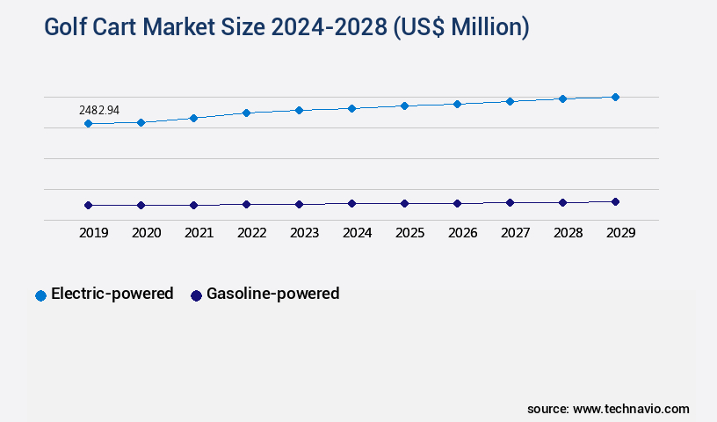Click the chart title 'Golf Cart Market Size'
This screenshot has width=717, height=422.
tap(286, 28)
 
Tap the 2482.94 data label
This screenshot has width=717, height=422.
tap(99, 110)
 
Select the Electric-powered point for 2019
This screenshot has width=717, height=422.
tap(88, 124)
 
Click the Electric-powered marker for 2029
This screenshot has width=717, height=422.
tap(615, 97)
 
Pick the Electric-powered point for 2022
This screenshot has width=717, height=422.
tap(246, 113)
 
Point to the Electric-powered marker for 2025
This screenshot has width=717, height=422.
tap(404, 105)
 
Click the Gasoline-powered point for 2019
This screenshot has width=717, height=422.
tap(88, 205)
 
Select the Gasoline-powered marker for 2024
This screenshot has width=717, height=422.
tap(351, 203)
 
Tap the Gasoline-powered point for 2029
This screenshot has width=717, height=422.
tap(615, 201)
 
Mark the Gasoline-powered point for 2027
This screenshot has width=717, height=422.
tap(510, 202)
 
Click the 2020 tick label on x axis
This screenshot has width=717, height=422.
tap(146, 233)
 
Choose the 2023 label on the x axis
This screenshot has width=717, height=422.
tap(304, 233)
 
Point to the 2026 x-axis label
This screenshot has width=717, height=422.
tap(462, 233)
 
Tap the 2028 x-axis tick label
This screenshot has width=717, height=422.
tap(568, 233)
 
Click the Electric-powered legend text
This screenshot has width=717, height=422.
tap(112, 294)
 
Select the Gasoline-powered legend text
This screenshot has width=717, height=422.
tap(272, 294)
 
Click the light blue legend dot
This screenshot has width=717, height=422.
tap(40, 295)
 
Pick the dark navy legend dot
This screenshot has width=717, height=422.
tap(197, 295)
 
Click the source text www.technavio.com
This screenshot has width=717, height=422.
tap(608, 409)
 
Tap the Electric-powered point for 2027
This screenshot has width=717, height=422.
tap(510, 101)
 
